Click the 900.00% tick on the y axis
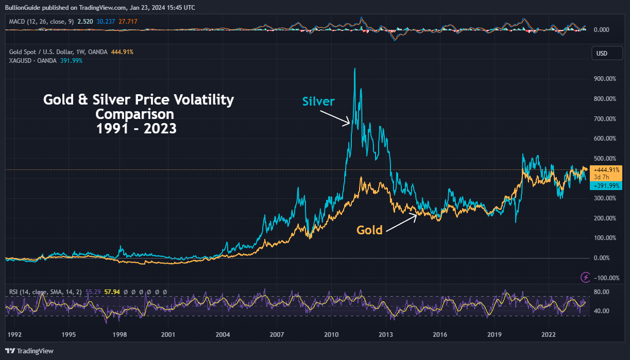pyautogui.click(x=605, y=79)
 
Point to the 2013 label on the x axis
pyautogui.click(x=386, y=335)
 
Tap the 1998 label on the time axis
pyautogui.click(x=120, y=335)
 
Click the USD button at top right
pyautogui.click(x=602, y=54)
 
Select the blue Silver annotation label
pyautogui.click(x=318, y=101)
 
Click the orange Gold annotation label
pyautogui.click(x=369, y=230)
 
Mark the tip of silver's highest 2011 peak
pyautogui.click(x=354, y=68)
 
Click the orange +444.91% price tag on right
pyautogui.click(x=607, y=169)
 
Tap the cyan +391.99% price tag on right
pyautogui.click(x=607, y=186)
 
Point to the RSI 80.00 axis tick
pyautogui.click(x=602, y=292)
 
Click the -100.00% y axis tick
pyautogui.click(x=605, y=278)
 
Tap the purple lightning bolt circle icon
pyautogui.click(x=585, y=278)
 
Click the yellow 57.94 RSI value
pyautogui.click(x=112, y=292)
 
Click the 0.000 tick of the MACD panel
pyautogui.click(x=601, y=30)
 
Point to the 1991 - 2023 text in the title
pyautogui.click(x=137, y=129)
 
